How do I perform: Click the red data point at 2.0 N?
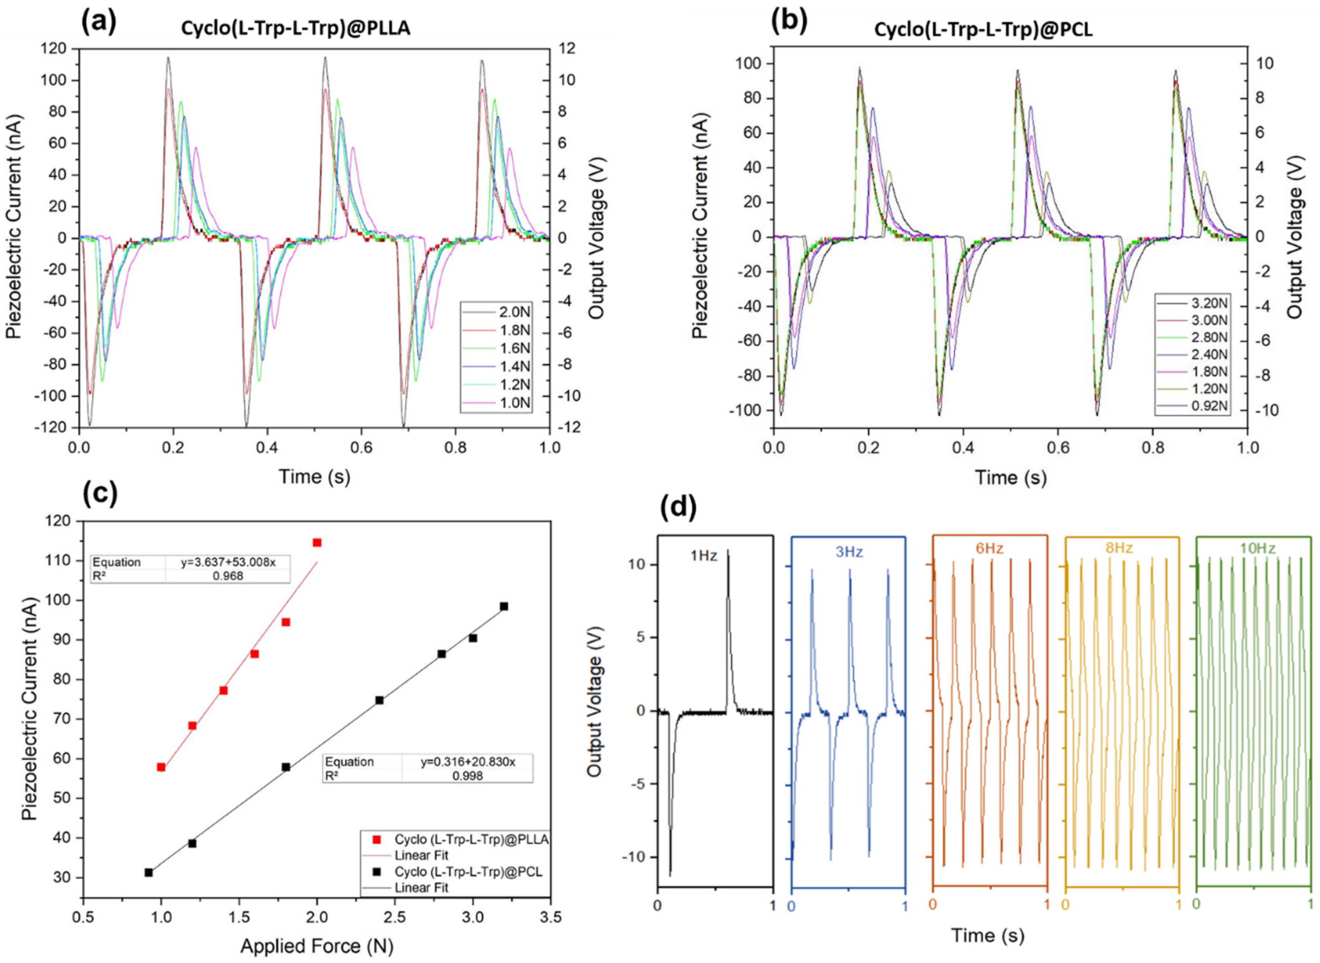point(317,543)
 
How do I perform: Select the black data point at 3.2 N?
point(504,606)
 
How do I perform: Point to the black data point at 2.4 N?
point(380,700)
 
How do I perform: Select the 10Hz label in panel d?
point(1258,548)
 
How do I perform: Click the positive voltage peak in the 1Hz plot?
point(727,551)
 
